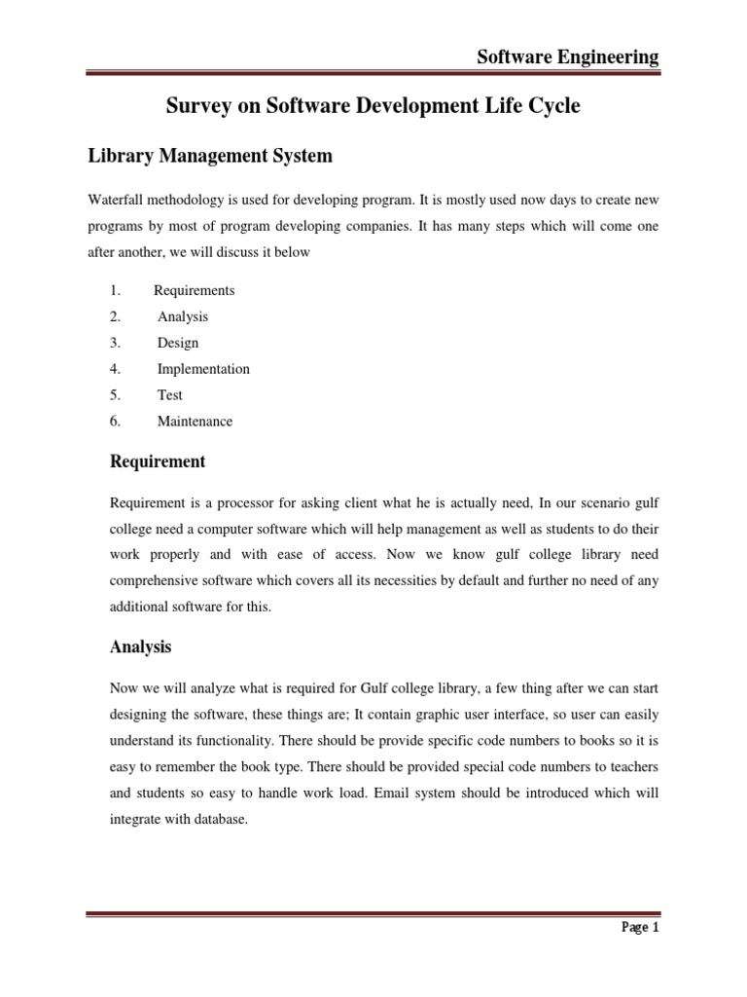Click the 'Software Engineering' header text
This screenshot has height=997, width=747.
tap(568, 57)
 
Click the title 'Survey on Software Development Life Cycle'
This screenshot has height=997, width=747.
tap(373, 106)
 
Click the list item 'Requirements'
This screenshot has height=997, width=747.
tap(195, 290)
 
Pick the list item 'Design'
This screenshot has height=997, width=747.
tap(178, 343)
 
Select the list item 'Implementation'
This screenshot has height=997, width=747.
tap(203, 369)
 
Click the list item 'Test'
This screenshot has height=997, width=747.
tap(170, 395)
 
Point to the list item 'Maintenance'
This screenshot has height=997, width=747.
tap(196, 422)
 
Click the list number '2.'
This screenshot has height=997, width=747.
tap(115, 316)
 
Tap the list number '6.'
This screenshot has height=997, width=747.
tap(115, 422)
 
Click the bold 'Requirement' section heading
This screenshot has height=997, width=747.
tap(158, 461)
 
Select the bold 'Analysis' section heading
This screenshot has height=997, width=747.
tap(141, 646)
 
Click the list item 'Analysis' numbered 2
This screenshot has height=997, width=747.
tap(183, 316)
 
